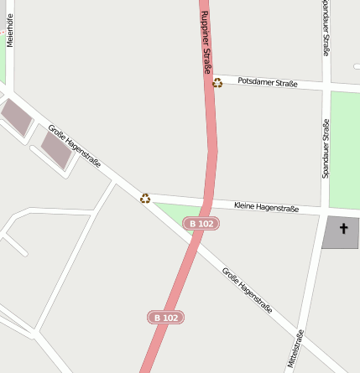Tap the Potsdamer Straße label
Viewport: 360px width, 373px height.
(x=268, y=81)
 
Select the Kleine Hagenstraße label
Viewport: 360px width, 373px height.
(x=266, y=205)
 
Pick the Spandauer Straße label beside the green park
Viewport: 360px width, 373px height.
(x=326, y=148)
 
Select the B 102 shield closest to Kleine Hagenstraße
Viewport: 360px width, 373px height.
(x=201, y=224)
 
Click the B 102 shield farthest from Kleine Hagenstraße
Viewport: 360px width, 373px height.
(x=165, y=318)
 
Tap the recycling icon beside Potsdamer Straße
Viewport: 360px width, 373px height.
(x=218, y=82)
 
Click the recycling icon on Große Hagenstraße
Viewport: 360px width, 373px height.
(x=145, y=198)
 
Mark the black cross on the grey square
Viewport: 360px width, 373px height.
(x=343, y=228)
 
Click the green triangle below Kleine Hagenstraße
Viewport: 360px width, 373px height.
(x=179, y=212)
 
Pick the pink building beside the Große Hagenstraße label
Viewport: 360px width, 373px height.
(x=57, y=149)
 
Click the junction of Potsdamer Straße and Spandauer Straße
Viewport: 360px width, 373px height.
(x=326, y=85)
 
